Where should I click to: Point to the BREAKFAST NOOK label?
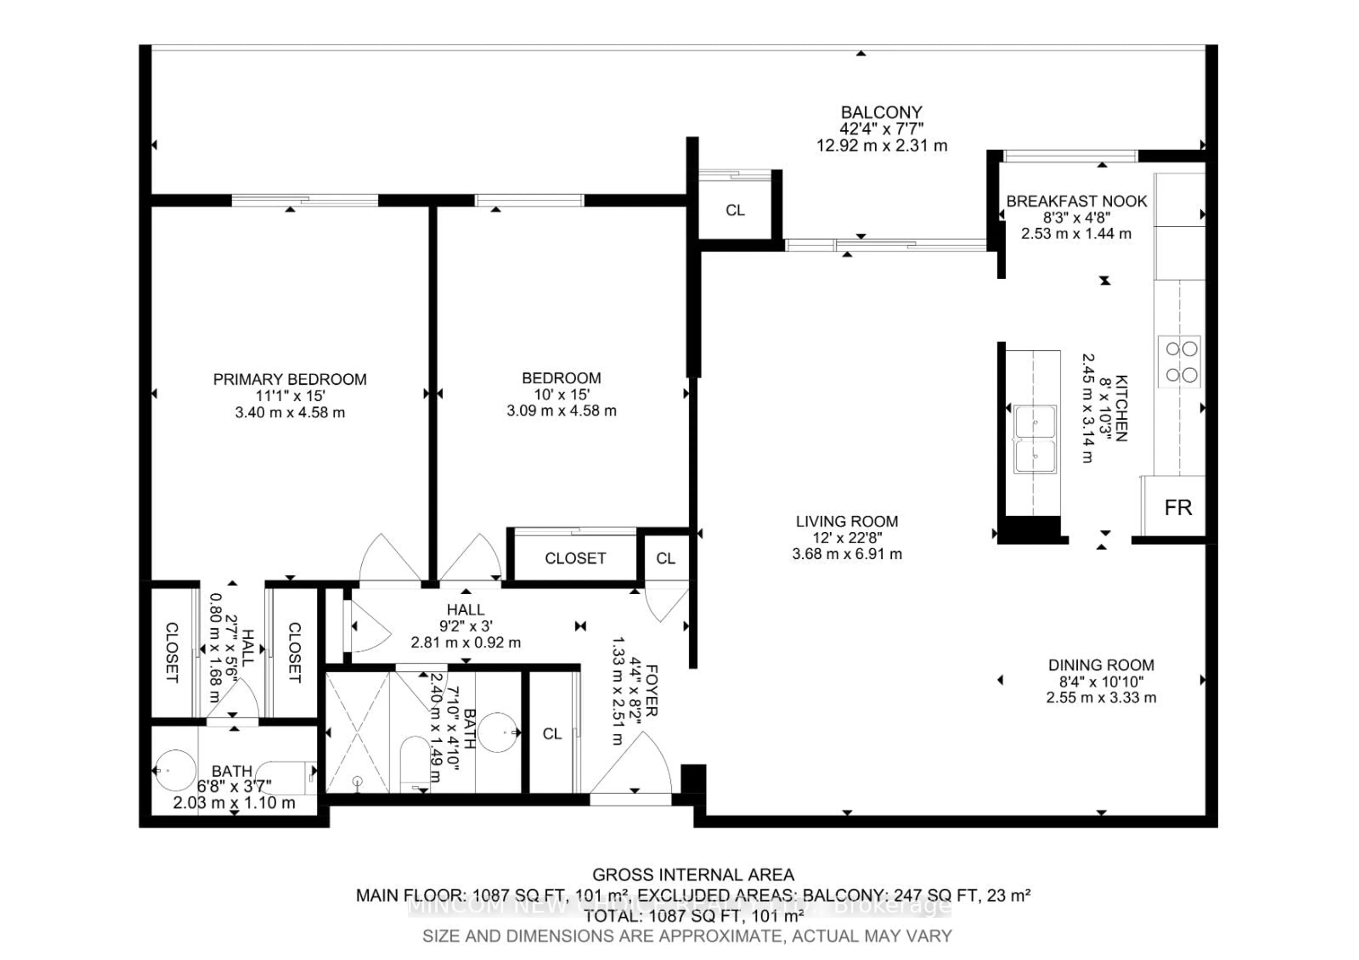(x=1076, y=201)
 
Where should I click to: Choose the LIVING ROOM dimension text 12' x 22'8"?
(x=847, y=537)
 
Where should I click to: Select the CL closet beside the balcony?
(x=735, y=210)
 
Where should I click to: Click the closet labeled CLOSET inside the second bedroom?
(x=575, y=558)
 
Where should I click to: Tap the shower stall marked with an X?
(x=357, y=732)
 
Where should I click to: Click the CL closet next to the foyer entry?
(x=552, y=733)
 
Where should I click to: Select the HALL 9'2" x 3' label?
(x=465, y=609)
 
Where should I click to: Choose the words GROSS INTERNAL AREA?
(x=693, y=875)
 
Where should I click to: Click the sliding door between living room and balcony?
(x=885, y=244)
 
